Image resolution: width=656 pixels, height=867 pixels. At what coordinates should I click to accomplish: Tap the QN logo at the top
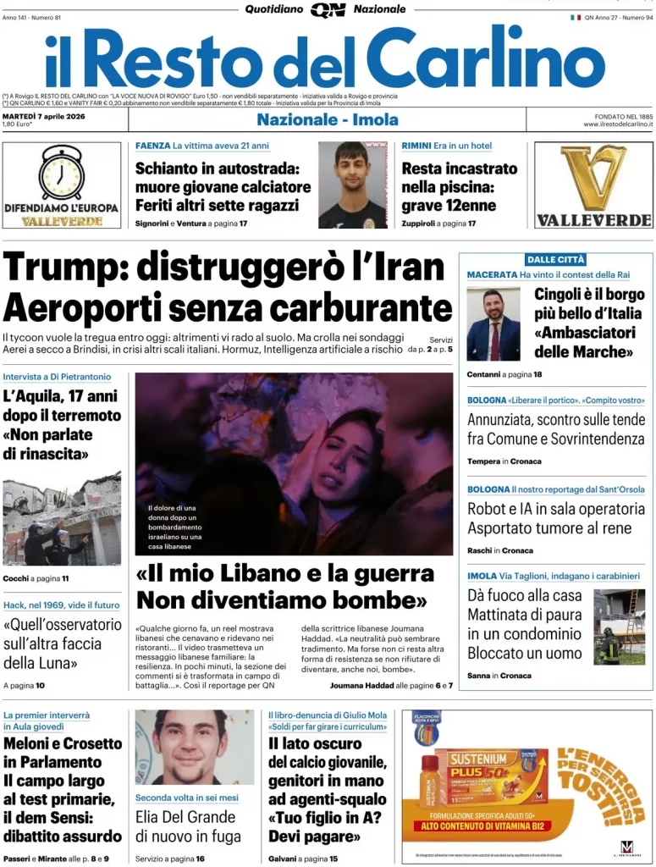click(328, 9)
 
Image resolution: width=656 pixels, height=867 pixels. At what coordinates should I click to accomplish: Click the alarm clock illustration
click(61, 172)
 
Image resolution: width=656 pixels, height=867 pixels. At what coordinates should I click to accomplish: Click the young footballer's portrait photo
click(352, 185)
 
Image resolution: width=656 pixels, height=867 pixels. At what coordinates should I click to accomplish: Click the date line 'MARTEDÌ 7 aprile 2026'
click(44, 116)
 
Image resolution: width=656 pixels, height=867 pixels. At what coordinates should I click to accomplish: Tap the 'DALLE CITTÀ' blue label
click(555, 260)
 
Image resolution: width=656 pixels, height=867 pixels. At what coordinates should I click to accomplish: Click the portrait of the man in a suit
click(493, 324)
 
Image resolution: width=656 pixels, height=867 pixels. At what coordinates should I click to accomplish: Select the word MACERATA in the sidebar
click(492, 275)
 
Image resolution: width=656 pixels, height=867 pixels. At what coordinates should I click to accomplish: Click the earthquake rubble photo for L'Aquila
click(62, 518)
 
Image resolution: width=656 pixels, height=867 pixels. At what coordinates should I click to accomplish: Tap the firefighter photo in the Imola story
click(619, 627)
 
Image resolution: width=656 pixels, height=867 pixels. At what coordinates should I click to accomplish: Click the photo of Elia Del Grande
click(194, 748)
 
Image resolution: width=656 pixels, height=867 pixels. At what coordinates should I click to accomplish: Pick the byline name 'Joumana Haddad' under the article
click(361, 685)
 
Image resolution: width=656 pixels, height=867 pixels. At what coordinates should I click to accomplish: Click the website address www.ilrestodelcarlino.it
click(617, 124)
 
